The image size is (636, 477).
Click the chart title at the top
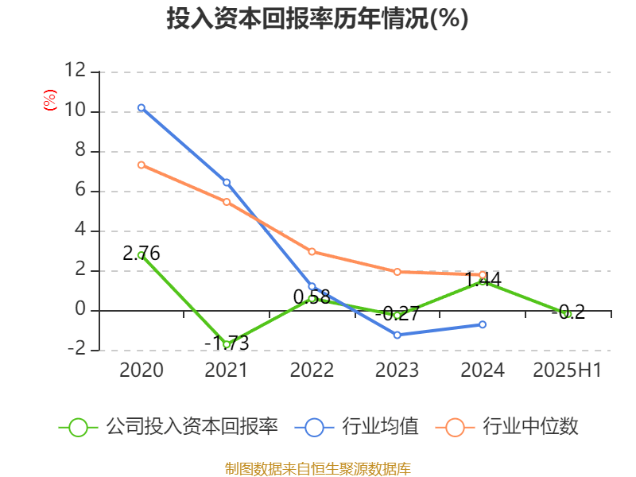pos(317,19)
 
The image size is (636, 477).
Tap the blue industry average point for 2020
pos(142,107)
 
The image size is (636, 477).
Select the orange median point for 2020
pos(142,165)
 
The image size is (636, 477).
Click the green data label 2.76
pos(142,254)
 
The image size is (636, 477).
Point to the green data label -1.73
pos(227,343)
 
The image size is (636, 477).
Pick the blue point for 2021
pos(227,182)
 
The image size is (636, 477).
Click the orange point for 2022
pos(312,251)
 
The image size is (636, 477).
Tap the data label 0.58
pos(312,297)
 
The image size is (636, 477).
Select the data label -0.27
pos(397,313)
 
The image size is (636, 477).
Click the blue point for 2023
pos(397,335)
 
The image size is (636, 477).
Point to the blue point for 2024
pos(483,324)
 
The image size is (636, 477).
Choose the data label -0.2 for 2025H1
pos(568,312)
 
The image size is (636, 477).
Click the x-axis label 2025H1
pos(568,370)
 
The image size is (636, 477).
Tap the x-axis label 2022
pos(312,370)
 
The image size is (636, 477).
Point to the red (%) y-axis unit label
pos(50,100)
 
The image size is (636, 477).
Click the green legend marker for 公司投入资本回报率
pos(78,427)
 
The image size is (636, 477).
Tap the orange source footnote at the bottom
pos(318,469)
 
